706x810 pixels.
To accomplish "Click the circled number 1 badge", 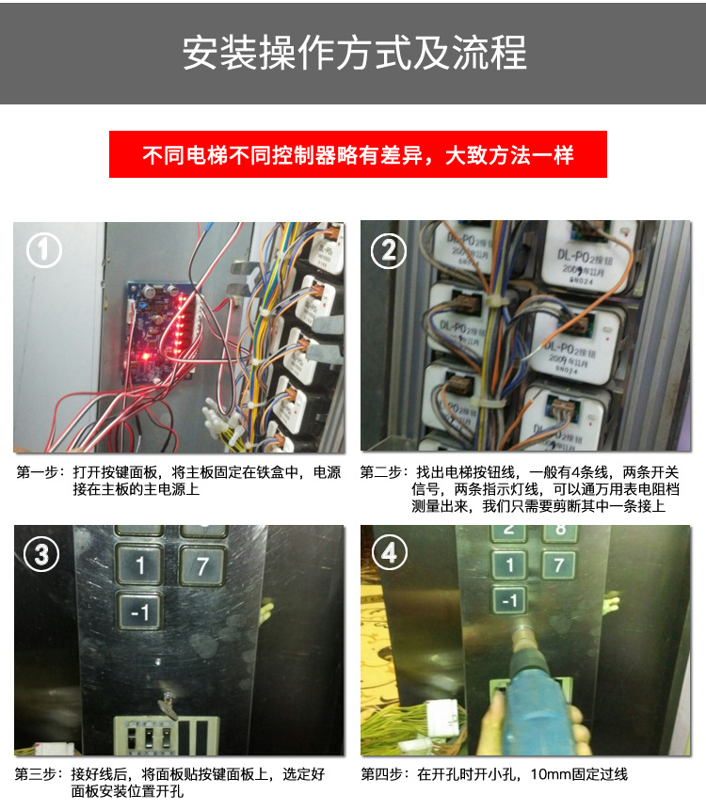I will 44,251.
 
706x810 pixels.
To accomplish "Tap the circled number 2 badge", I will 389,251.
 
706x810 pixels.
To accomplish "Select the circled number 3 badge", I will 41,554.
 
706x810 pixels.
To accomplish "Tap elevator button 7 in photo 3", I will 202,565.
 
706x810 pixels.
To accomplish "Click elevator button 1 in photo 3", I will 140,565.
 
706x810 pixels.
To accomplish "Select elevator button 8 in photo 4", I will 559,530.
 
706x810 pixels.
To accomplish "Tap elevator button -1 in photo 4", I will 509,599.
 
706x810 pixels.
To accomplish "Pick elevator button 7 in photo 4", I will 559,564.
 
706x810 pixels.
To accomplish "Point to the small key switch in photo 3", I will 166,701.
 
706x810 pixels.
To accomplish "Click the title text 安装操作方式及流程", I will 353,53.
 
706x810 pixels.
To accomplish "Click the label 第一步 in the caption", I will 38,472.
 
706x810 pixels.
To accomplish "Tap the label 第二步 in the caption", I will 382,472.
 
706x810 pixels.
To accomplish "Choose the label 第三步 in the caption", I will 38,775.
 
